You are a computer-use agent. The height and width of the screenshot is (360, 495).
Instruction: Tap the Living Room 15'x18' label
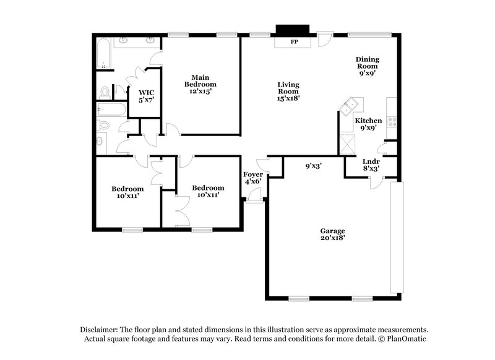point(288,91)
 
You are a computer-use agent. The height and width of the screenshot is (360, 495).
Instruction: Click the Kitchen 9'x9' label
point(368,125)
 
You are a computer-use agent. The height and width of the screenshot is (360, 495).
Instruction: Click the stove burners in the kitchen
point(391,121)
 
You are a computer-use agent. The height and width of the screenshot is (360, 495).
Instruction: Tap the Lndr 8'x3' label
point(371,165)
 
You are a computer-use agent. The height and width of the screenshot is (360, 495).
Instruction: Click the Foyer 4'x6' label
point(254,179)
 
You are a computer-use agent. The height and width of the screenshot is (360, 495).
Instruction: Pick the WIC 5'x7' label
point(146,96)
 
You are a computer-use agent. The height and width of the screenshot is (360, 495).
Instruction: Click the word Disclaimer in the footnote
point(100,330)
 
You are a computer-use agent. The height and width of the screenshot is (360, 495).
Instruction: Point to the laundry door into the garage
point(376,182)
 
